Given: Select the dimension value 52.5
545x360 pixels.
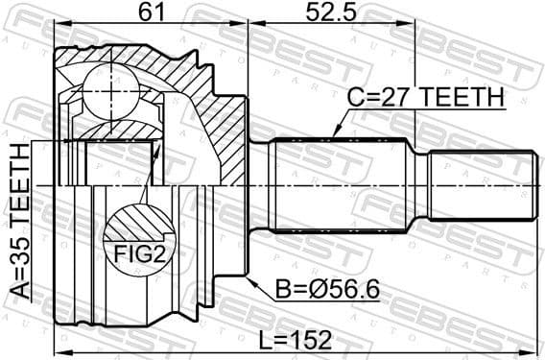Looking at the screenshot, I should (331, 12).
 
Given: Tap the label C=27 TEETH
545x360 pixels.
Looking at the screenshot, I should (425, 98).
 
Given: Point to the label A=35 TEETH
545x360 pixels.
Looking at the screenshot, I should (20, 227).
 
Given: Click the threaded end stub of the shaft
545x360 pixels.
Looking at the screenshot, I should (480, 185).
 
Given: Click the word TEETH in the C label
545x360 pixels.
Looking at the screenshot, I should (463, 98).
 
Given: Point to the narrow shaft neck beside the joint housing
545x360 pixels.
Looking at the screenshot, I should (259, 185).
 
